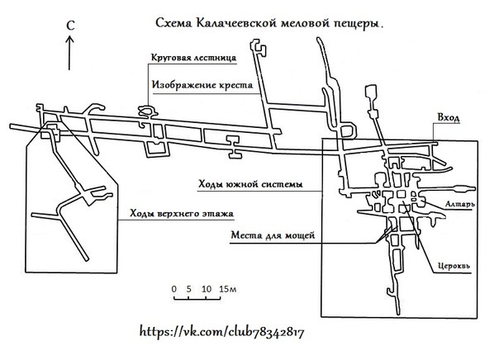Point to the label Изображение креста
198,84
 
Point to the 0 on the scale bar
174,289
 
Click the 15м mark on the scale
228,289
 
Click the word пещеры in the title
359,26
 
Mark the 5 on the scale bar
189,289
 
